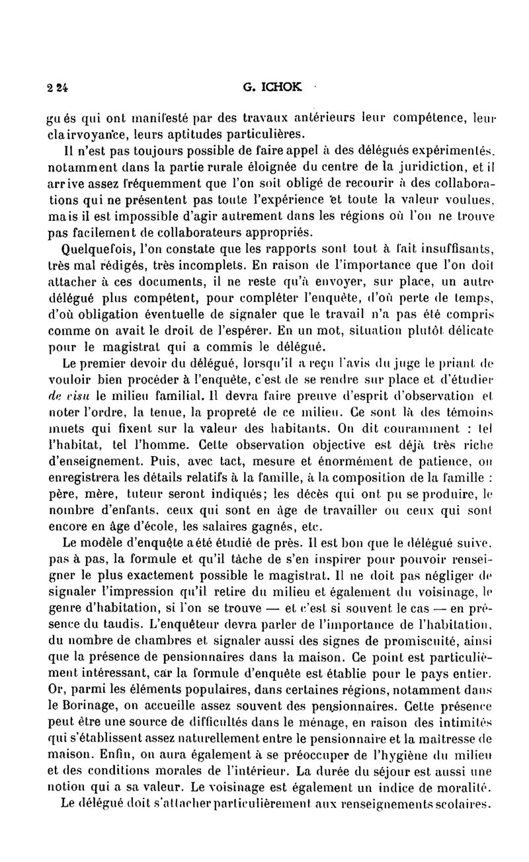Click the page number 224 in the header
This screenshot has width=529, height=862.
pyautogui.click(x=58, y=87)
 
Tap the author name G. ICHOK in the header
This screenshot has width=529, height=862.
pyautogui.click(x=263, y=86)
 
